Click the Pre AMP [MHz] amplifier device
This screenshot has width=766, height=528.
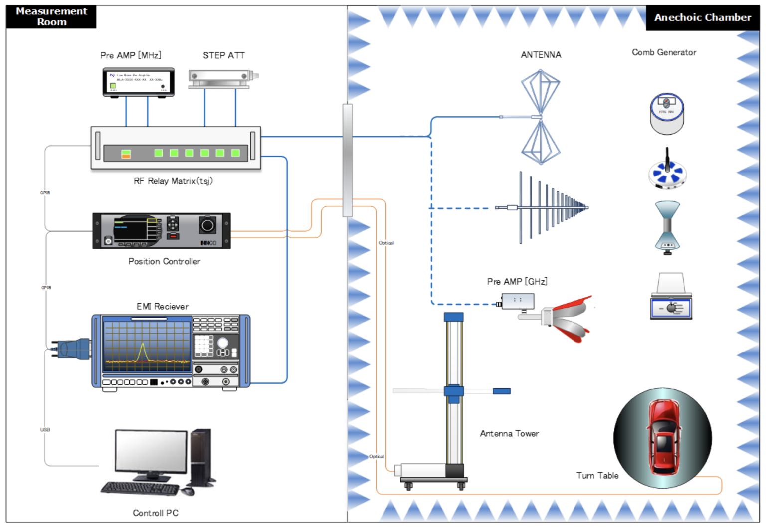coord(139,82)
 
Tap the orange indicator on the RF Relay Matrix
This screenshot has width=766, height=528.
coord(126,156)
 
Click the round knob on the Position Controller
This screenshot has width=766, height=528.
coord(208,226)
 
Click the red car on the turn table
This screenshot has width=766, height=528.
coord(663,438)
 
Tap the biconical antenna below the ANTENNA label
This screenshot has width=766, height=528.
coord(541,117)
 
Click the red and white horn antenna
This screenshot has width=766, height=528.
coord(569,318)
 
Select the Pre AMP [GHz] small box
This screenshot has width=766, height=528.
coord(517,301)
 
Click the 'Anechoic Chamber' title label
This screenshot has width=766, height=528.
coord(702,18)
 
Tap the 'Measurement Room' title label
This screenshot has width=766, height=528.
coord(51,16)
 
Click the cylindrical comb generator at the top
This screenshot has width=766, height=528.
coord(667,114)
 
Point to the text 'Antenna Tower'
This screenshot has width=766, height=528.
coord(509,434)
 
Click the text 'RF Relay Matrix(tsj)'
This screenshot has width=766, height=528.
coord(173,181)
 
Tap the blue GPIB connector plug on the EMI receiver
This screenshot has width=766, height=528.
coord(72,349)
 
